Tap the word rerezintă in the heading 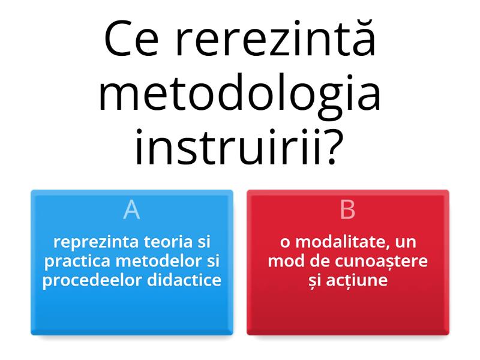275,39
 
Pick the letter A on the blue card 131,210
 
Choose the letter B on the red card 347,210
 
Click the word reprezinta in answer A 97,242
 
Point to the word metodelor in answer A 161,262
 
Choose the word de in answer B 314,262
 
